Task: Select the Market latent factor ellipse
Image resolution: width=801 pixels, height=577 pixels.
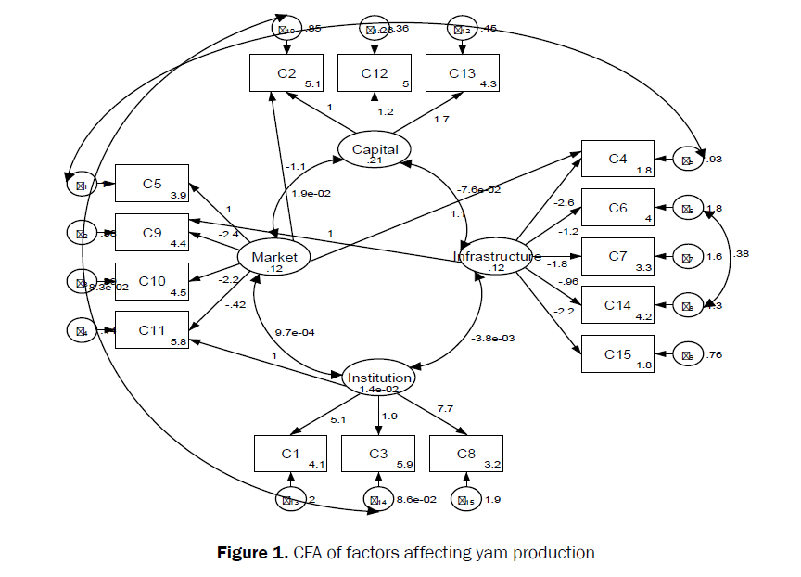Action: pyautogui.click(x=273, y=258)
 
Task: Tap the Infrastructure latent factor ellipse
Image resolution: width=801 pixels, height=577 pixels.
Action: pyautogui.click(x=497, y=258)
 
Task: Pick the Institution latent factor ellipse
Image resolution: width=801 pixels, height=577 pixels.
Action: pyautogui.click(x=378, y=378)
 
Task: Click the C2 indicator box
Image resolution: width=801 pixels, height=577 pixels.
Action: pyautogui.click(x=286, y=73)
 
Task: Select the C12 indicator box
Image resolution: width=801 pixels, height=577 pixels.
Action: pyautogui.click(x=375, y=73)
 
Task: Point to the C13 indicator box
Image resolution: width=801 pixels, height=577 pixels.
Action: pyautogui.click(x=463, y=73)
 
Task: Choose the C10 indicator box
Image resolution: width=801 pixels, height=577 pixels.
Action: pyautogui.click(x=152, y=281)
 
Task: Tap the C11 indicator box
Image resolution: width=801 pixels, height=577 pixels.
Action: pyautogui.click(x=152, y=329)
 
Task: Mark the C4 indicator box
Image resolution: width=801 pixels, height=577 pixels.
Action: pyautogui.click(x=618, y=160)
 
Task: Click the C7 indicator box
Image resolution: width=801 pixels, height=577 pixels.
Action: pyautogui.click(x=618, y=257)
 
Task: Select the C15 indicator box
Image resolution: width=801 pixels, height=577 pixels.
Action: pyautogui.click(x=618, y=353)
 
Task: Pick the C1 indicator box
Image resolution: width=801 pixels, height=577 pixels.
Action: pyautogui.click(x=291, y=453)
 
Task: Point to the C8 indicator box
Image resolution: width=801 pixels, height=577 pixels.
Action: pyautogui.click(x=466, y=453)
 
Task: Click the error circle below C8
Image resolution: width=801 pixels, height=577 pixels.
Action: pyautogui.click(x=466, y=499)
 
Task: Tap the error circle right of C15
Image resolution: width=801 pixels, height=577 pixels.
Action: pyautogui.click(x=687, y=354)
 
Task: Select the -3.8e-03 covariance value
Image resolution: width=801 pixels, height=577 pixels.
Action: pyautogui.click(x=494, y=338)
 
